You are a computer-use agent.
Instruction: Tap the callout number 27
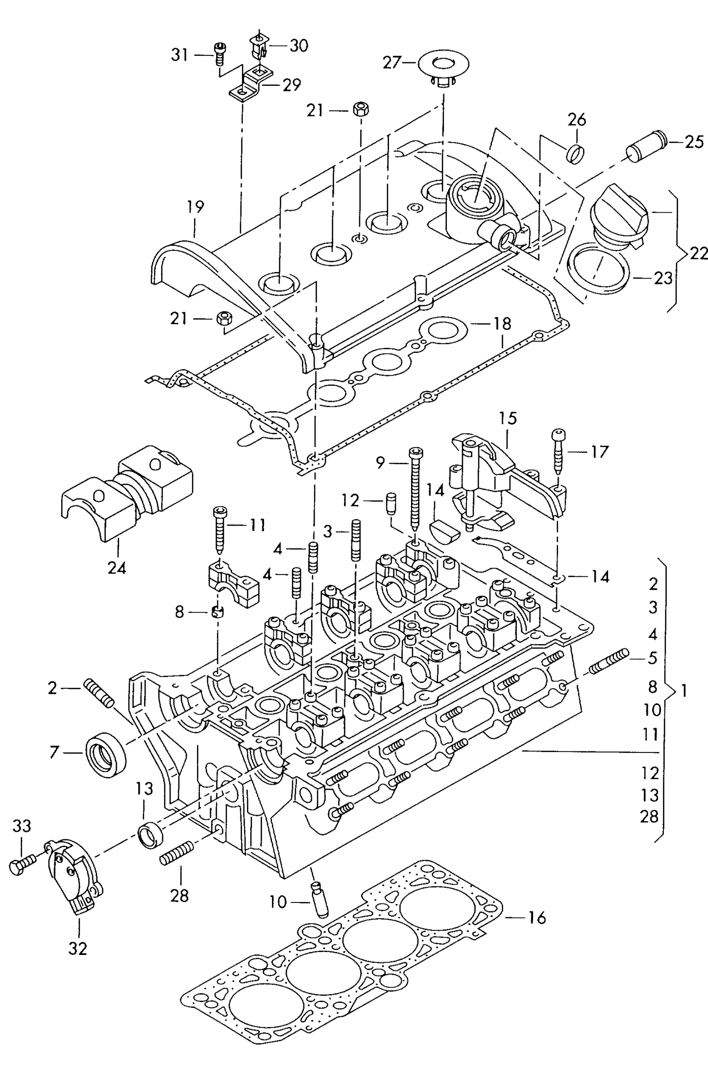pos(391,63)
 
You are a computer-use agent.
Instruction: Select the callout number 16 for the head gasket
pos(537,918)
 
